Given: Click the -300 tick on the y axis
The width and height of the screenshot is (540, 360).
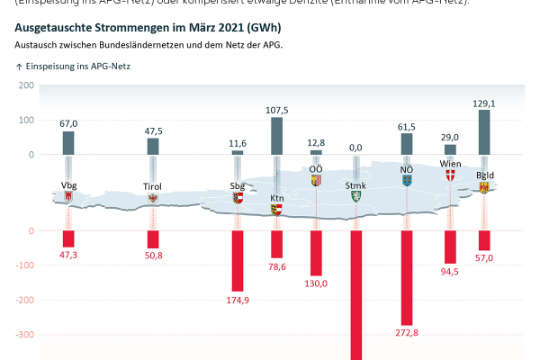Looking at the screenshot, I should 24,334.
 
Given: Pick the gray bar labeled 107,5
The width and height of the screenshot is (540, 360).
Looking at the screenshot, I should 277,135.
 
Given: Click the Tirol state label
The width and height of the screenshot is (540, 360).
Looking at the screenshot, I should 153,186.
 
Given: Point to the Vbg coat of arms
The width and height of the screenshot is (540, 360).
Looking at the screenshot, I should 69,197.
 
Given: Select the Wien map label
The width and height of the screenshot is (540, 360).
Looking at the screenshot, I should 450,163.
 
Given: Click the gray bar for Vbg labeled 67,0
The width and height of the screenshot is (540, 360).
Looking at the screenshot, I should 69,142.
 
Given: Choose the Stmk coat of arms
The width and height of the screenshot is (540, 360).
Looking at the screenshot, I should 355,197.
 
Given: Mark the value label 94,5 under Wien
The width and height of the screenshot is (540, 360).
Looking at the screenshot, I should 450,271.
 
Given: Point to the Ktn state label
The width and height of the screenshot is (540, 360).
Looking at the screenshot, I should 277,199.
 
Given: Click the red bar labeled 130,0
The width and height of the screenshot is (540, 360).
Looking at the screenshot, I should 316,253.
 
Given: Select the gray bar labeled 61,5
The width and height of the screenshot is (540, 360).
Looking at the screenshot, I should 407,143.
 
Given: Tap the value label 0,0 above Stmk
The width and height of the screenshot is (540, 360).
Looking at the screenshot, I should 355,148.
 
